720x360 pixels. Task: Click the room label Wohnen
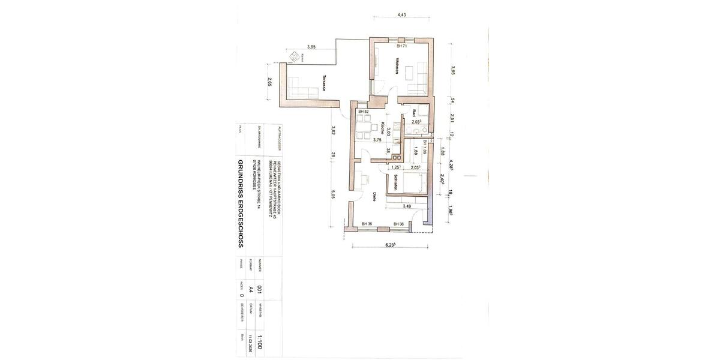(x=397, y=67)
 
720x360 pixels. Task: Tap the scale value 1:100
(x=259, y=341)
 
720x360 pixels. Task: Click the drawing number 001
(x=259, y=289)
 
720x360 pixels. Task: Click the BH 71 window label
(x=402, y=46)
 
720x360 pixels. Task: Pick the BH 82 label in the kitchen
(x=363, y=112)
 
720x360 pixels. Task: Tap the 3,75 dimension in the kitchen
(x=377, y=140)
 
